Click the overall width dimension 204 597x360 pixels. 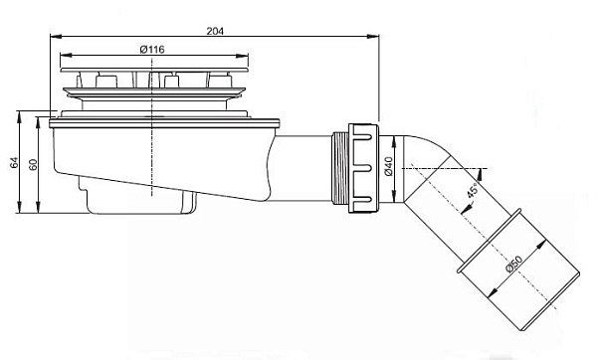point(214,31)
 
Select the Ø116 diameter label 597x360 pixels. point(152,49)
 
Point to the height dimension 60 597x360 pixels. point(33,164)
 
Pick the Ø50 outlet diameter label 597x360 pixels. point(511,266)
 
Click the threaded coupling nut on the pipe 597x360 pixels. point(357,167)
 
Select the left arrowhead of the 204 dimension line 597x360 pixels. point(51,38)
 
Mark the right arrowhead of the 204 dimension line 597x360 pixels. point(379,38)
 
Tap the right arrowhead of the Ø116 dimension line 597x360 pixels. point(243,56)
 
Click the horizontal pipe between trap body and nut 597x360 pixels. point(303,167)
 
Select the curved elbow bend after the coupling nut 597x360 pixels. point(418,159)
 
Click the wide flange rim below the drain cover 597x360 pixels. point(164,121)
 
